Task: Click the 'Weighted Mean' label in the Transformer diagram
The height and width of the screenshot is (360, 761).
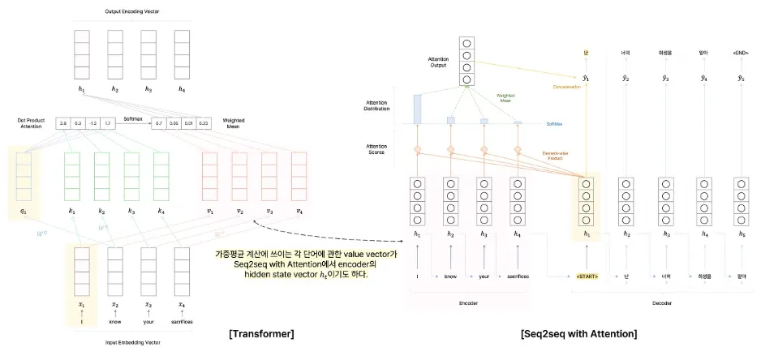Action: click(234, 122)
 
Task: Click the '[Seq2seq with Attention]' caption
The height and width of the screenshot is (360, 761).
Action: click(568, 332)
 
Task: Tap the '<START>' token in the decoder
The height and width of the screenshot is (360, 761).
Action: click(585, 276)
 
